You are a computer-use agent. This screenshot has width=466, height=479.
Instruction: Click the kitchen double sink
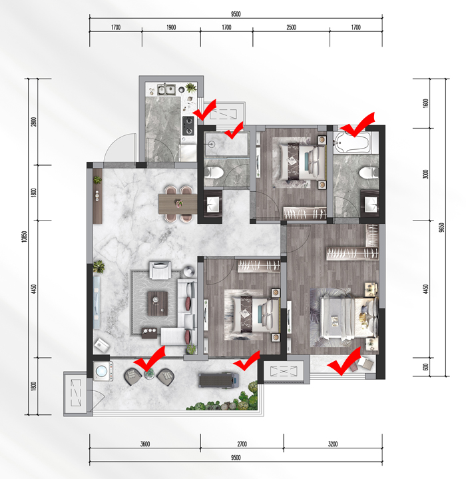click(166, 89)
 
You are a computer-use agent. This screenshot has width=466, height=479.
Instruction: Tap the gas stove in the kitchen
click(188, 126)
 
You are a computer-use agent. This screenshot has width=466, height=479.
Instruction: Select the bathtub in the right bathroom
click(352, 143)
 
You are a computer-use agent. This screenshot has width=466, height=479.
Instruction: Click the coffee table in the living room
click(158, 303)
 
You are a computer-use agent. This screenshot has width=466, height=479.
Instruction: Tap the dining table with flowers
click(178, 204)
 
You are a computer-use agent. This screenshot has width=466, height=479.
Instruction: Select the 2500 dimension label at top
click(291, 27)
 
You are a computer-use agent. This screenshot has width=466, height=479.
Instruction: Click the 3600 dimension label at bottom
click(145, 444)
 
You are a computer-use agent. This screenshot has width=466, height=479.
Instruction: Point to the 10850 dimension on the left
click(25, 237)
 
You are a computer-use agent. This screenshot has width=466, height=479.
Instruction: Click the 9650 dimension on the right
click(441, 228)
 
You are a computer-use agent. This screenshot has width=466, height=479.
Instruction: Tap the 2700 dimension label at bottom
click(242, 444)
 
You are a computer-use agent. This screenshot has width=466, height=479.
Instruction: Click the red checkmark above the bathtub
click(357, 125)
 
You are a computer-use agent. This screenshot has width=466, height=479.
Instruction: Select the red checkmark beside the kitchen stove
click(205, 109)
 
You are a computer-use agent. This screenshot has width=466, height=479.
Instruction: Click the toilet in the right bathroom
click(369, 173)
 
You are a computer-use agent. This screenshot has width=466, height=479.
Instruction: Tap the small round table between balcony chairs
click(149, 374)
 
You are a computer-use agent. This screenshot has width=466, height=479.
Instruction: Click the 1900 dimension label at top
click(171, 27)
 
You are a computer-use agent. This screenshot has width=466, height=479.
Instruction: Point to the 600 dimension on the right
click(426, 367)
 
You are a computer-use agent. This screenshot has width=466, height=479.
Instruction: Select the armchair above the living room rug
click(160, 270)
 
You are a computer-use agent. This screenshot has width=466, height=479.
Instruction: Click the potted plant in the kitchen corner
click(191, 89)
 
